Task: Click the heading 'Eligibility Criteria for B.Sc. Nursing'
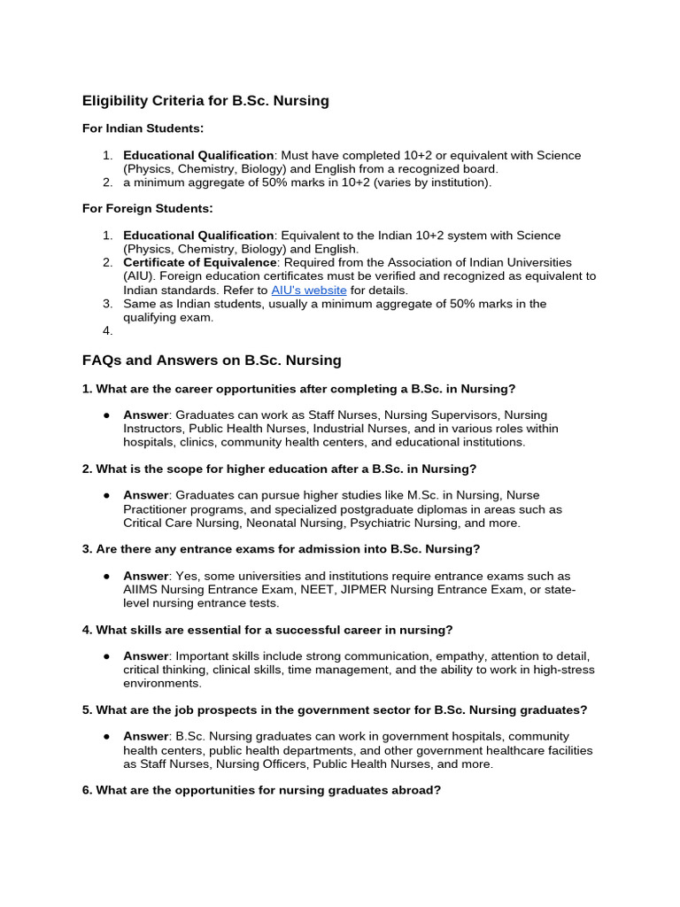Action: tap(205, 101)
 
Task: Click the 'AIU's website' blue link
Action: tap(308, 290)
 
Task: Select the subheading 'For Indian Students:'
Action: tap(143, 128)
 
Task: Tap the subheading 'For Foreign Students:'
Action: tap(147, 208)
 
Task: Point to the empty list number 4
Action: tap(107, 330)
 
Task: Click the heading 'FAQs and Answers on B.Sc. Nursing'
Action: tap(212, 360)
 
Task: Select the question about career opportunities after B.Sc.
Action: tap(298, 389)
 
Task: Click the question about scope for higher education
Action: tap(279, 469)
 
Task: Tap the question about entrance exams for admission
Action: tap(281, 549)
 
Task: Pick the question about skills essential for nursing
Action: tap(267, 630)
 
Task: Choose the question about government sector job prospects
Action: tap(335, 710)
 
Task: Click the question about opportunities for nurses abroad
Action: tap(261, 790)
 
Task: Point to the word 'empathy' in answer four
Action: tap(457, 656)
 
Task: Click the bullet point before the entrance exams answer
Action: tap(106, 576)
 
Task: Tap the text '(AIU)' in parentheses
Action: tap(139, 276)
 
